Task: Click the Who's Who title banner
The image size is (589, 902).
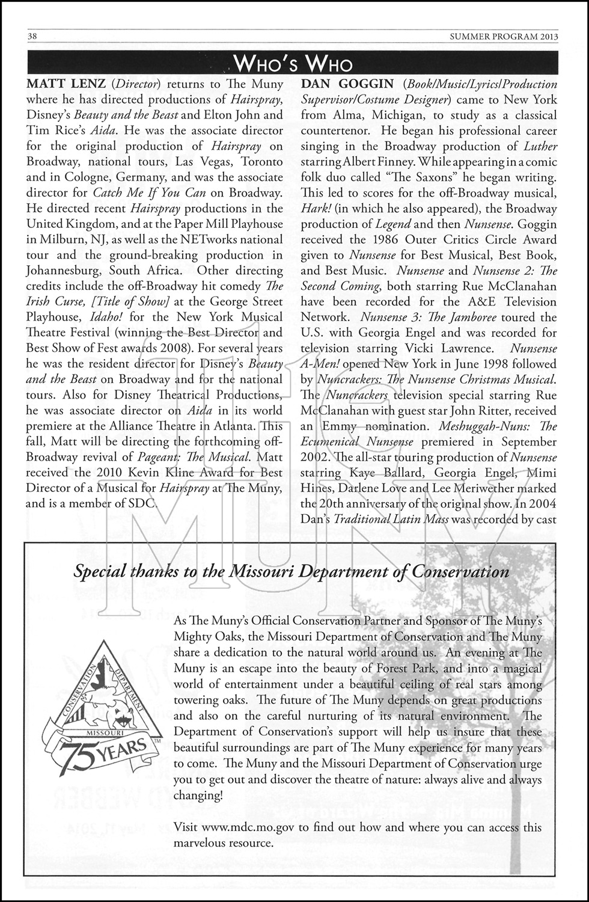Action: pyautogui.click(x=293, y=63)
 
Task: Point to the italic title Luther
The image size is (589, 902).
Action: pyautogui.click(x=540, y=146)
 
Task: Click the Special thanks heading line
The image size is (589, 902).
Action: pyautogui.click(x=291, y=571)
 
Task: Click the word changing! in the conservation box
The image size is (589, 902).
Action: pyautogui.click(x=198, y=796)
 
